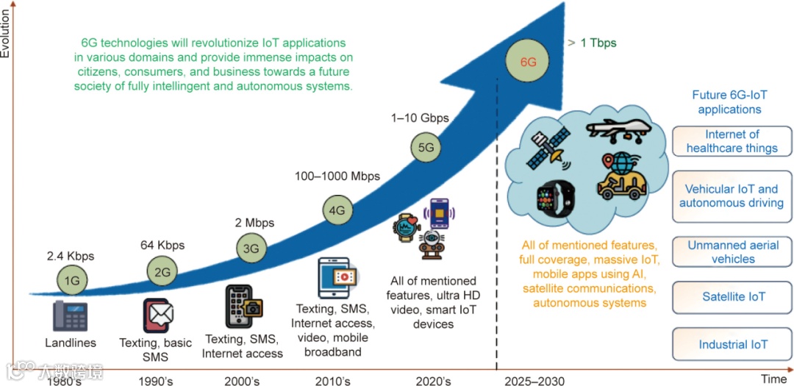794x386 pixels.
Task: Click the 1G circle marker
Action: [x=70, y=280]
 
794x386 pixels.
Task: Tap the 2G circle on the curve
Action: [x=162, y=271]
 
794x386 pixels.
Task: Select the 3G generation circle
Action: [x=251, y=248]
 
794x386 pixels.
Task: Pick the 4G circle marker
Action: [x=337, y=210]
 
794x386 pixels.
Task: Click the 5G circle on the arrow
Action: [x=426, y=147]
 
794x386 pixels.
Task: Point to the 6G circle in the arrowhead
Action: [x=528, y=62]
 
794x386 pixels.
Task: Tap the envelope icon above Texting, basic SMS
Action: [x=158, y=315]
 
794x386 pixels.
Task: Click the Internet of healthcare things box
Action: [x=732, y=141]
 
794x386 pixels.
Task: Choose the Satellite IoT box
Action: [x=733, y=297]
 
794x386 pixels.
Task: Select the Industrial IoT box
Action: [x=733, y=344]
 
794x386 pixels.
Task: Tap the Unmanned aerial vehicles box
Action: [x=733, y=251]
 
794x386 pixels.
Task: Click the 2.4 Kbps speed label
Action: [x=71, y=257]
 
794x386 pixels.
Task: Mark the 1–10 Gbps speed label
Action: [x=420, y=118]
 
